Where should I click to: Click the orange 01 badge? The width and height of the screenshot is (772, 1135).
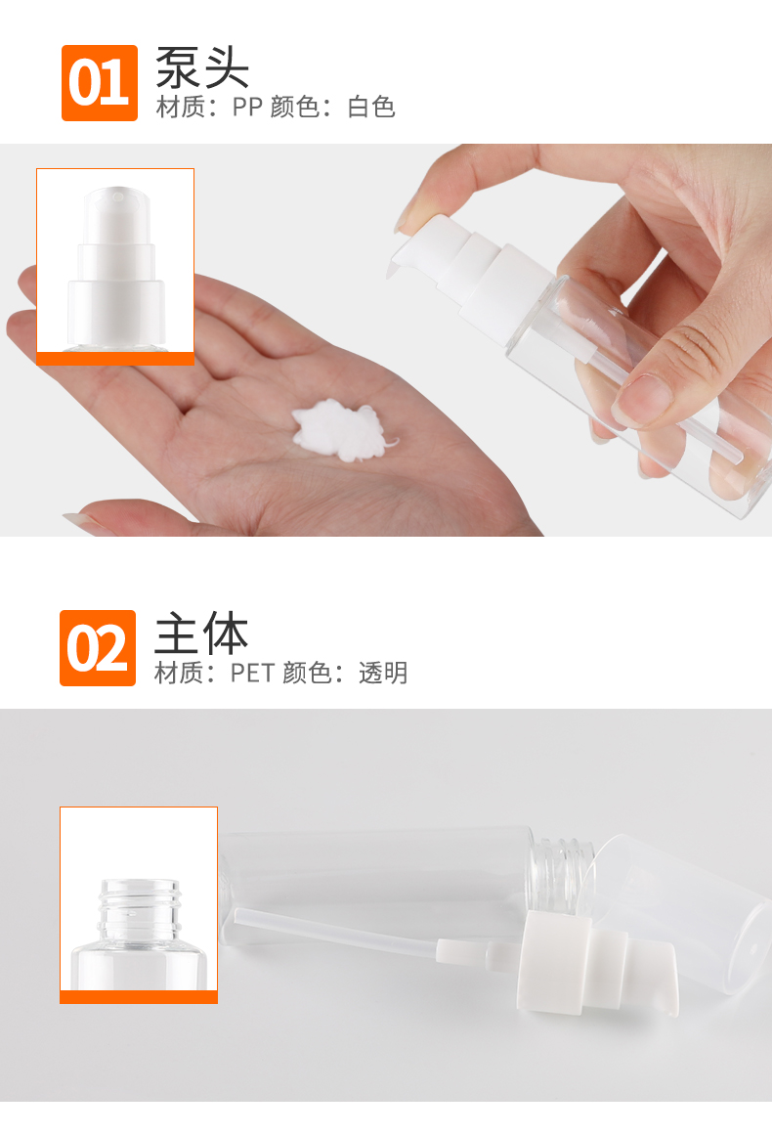(x=99, y=82)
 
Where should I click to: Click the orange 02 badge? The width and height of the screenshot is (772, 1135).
(x=98, y=648)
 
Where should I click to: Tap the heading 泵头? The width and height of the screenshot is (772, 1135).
(x=202, y=67)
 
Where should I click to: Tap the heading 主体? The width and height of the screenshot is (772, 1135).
(x=201, y=633)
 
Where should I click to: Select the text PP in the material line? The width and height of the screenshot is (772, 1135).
(x=246, y=108)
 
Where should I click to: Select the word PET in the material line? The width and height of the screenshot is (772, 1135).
(x=252, y=674)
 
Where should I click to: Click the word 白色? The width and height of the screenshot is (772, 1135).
(x=371, y=108)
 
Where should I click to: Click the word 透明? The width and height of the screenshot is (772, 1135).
(x=383, y=674)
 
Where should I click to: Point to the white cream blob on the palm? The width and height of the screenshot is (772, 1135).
(x=341, y=431)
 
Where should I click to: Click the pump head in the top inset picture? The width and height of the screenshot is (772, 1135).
(x=115, y=268)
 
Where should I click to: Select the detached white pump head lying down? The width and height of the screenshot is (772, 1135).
(x=597, y=963)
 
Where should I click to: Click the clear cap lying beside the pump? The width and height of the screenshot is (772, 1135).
(x=680, y=908)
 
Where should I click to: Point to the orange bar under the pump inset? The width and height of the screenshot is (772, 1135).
(x=115, y=359)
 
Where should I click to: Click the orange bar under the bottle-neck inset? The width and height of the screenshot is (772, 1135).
(x=138, y=997)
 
